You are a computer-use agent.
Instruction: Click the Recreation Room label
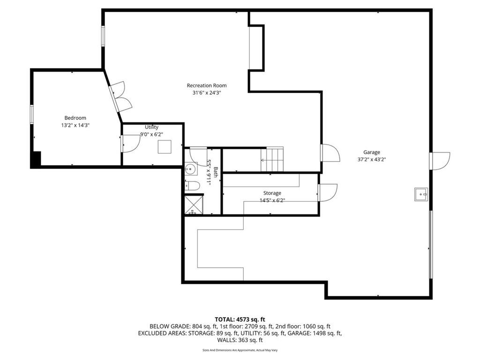[x=207, y=85]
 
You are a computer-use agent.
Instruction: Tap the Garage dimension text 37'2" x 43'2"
[x=372, y=159]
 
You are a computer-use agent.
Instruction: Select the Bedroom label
[x=75, y=118]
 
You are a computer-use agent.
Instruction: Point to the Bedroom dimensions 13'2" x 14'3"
[x=75, y=125]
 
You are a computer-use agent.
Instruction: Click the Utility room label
[x=151, y=127]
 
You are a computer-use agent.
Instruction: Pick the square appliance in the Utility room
[x=165, y=147]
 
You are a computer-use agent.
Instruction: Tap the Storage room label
[x=272, y=193]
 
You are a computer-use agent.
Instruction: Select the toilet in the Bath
[x=192, y=186]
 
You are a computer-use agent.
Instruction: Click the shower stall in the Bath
[x=194, y=204]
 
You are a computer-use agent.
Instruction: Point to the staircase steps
[x=272, y=159]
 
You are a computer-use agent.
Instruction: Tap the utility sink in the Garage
[x=421, y=195]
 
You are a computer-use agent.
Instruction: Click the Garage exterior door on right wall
[x=440, y=161]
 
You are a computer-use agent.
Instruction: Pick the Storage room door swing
[x=328, y=193]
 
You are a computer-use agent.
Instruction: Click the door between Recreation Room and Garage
[x=330, y=153]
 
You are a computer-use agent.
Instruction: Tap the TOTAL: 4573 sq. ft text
[x=240, y=320]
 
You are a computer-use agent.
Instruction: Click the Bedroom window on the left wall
[x=32, y=114]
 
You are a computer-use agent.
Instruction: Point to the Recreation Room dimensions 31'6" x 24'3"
[x=207, y=93]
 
